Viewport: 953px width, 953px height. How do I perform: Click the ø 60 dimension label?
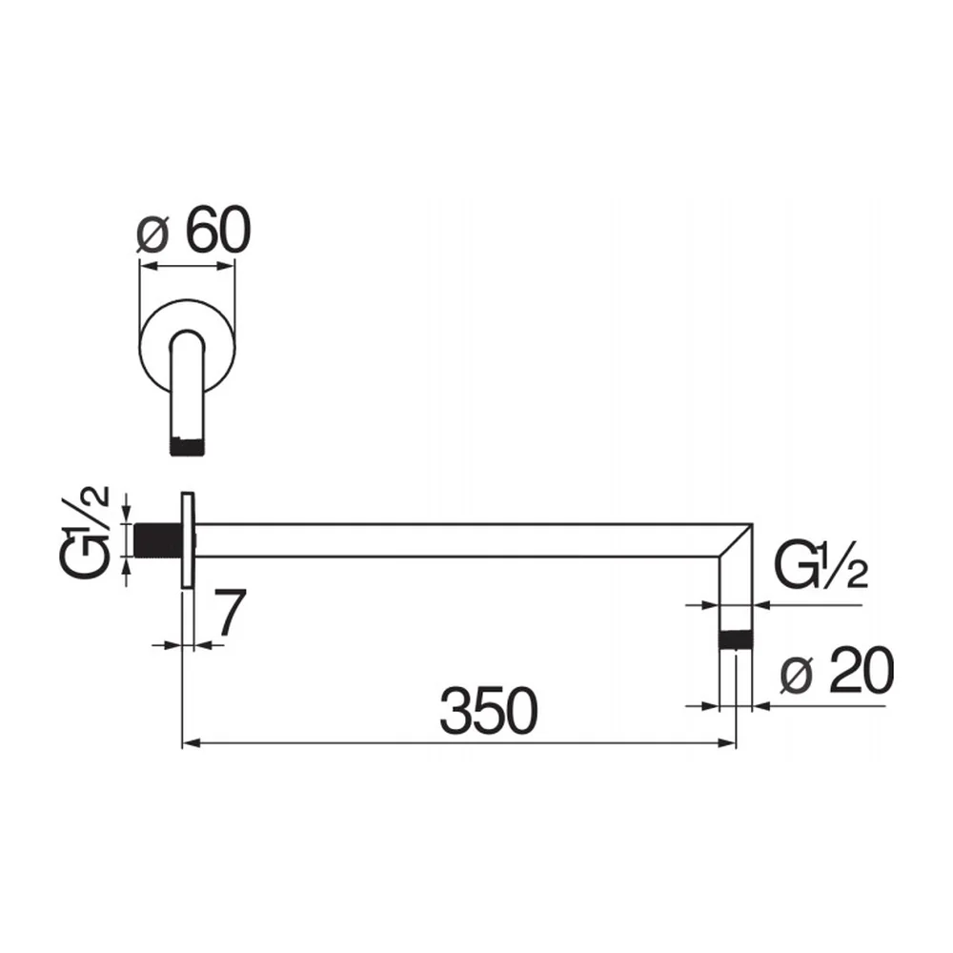[193, 231]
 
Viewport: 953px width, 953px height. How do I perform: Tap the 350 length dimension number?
[489, 711]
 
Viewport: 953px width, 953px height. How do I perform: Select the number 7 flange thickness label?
[230, 612]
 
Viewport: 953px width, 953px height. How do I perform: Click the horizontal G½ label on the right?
[821, 565]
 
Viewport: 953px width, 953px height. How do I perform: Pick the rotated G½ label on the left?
[85, 531]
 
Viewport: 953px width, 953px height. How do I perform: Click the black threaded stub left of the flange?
[157, 539]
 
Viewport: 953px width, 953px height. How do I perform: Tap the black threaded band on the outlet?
[736, 640]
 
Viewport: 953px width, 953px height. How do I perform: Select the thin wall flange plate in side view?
[188, 539]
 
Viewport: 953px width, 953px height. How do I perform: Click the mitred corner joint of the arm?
[736, 539]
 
